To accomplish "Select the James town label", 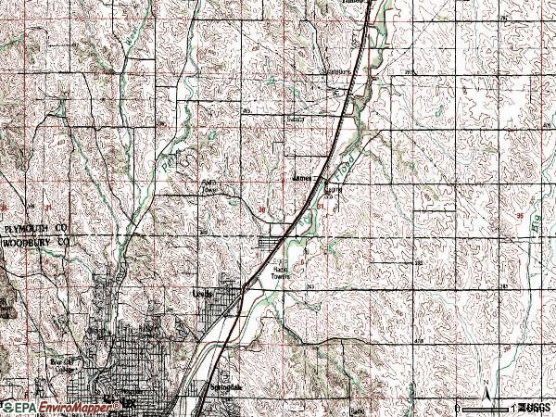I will click(302, 176).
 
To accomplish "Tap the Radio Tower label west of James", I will click(210, 185).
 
